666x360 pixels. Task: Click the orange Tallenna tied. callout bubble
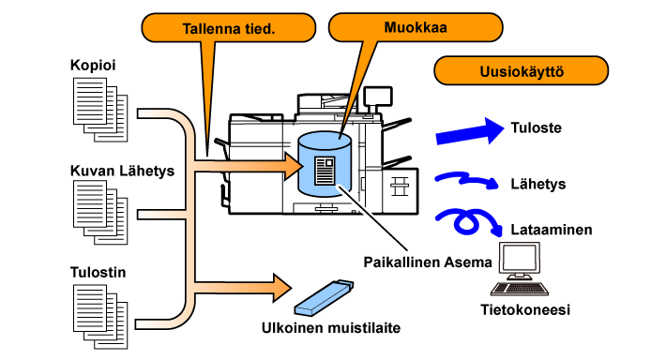tap(229, 28)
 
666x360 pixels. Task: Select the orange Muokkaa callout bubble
tap(416, 27)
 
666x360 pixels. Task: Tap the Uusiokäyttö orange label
tap(522, 71)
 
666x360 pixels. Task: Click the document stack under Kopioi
tap(100, 110)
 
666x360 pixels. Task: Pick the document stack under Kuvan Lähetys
tap(100, 212)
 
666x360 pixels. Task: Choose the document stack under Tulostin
tap(100, 316)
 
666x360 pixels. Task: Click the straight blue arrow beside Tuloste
tap(470, 132)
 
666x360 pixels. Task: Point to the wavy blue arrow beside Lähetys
tap(466, 180)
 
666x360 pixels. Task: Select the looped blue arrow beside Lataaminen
tap(467, 220)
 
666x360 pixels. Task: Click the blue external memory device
tap(324, 298)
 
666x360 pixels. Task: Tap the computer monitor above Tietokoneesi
tap(520, 260)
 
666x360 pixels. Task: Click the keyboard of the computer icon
tap(520, 289)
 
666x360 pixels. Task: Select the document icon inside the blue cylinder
tap(325, 171)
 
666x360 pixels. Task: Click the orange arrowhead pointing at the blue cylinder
tap(293, 166)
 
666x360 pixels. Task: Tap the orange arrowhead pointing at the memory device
tap(282, 288)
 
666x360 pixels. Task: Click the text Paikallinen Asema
tap(428, 262)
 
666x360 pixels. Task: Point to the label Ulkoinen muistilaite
tap(331, 328)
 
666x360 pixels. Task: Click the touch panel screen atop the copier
tap(378, 97)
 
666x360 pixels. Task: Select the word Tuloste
tap(536, 127)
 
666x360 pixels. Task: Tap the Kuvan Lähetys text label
tap(122, 171)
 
